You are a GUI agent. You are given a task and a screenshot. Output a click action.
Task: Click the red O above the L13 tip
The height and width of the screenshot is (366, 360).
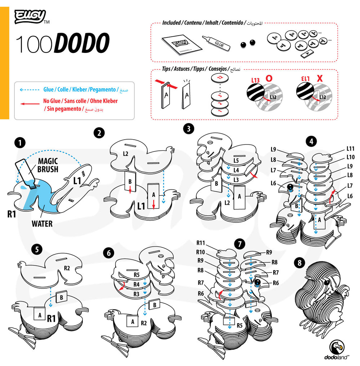[269, 78]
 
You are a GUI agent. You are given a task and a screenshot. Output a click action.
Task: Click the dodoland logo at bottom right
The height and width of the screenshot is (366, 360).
[337, 351]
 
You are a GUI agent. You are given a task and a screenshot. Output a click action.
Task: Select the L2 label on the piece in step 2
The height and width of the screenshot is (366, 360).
[125, 154]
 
